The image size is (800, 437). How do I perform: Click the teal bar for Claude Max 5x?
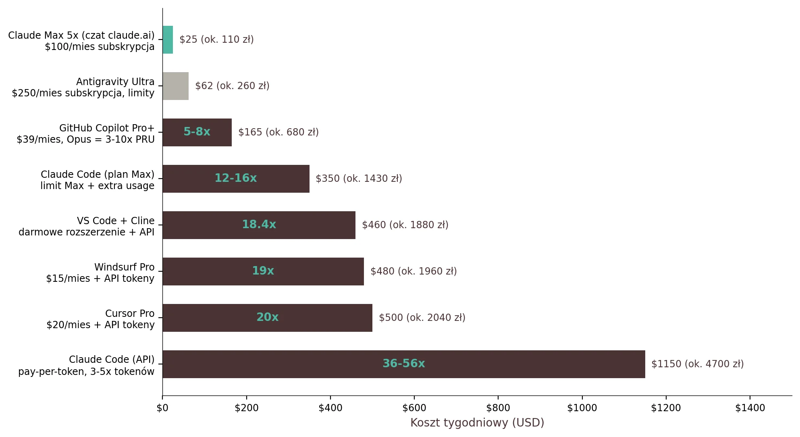[168, 40]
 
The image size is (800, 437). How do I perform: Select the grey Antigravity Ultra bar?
[175, 86]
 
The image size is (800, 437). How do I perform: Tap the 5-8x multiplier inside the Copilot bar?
[197, 132]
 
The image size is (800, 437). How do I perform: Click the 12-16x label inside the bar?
[235, 178]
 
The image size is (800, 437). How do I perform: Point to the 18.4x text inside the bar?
[259, 225]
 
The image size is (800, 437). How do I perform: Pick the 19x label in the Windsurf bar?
[263, 271]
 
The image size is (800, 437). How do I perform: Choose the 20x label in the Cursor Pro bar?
[267, 317]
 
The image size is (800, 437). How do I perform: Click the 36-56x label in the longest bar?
[403, 364]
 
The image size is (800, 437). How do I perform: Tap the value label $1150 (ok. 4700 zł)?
[697, 364]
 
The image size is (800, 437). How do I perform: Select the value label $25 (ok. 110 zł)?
[216, 40]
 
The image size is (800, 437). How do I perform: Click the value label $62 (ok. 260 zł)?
[232, 86]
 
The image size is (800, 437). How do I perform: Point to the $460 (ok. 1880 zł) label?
[405, 225]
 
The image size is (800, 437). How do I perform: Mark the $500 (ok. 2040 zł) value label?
[422, 317]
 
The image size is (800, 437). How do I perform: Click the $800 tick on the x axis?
[498, 408]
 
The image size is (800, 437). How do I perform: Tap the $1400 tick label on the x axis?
[750, 408]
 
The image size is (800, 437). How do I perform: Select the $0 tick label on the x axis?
[162, 408]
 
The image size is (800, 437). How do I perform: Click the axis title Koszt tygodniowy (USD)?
[477, 422]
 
